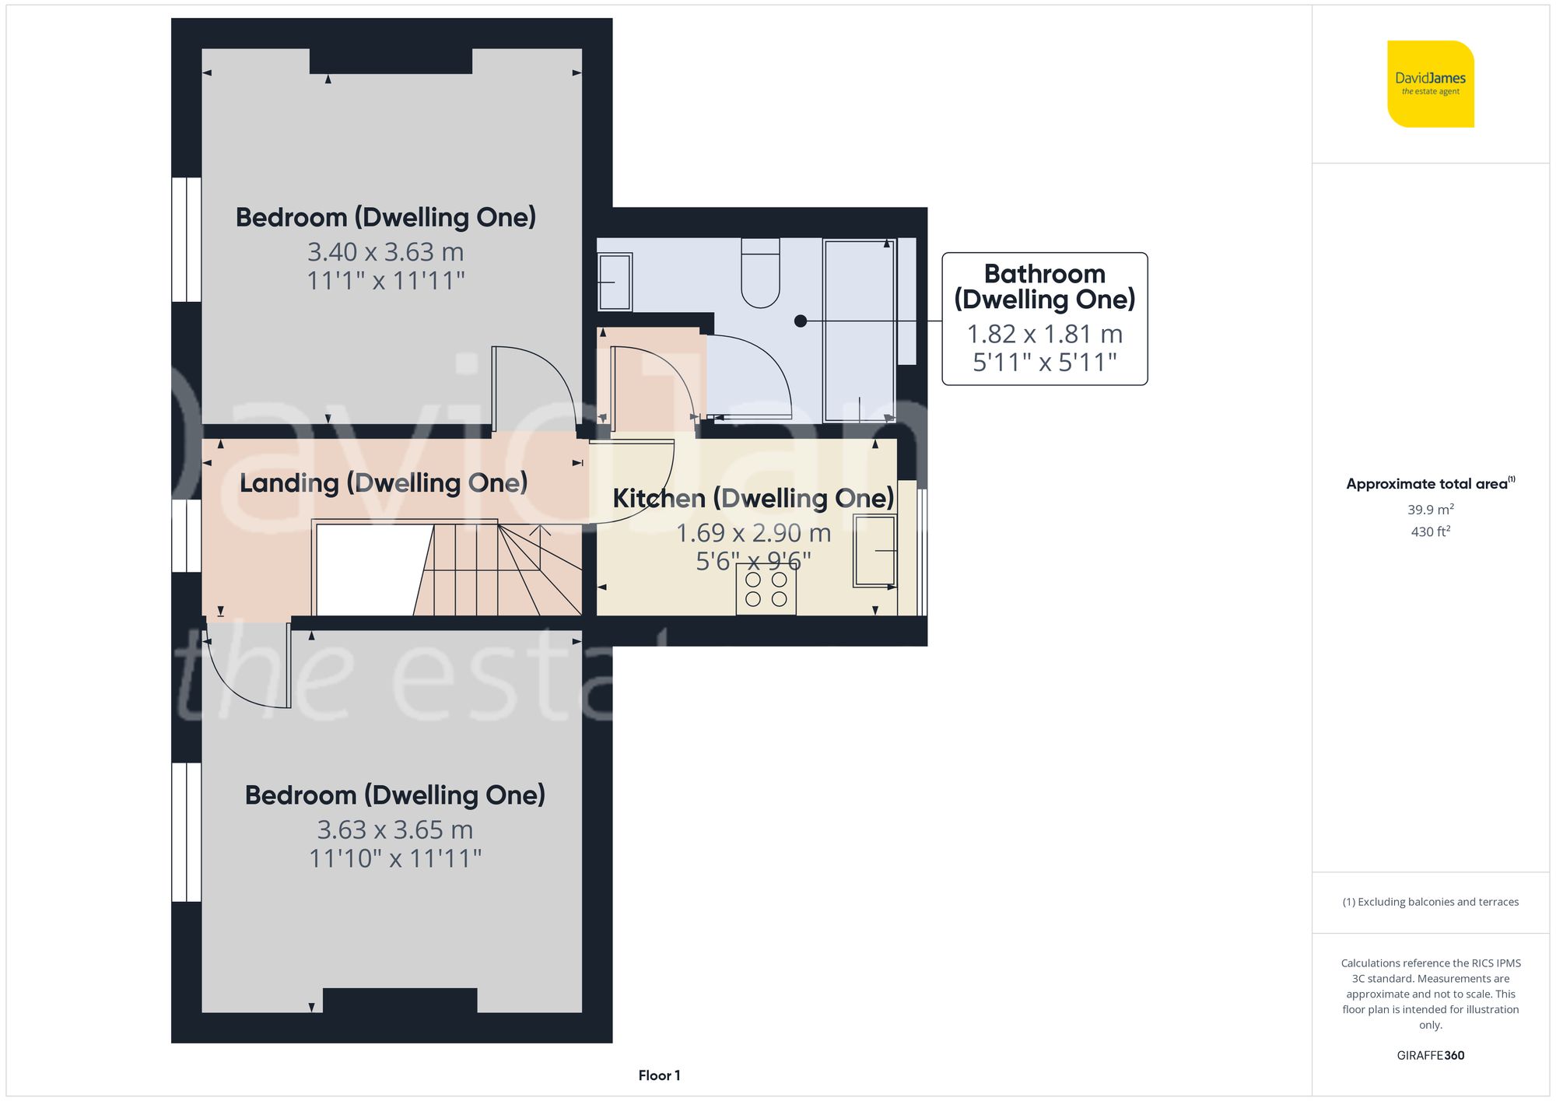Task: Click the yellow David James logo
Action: (1431, 84)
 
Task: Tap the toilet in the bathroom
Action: (760, 272)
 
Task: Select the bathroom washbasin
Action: (615, 282)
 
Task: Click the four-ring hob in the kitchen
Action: (766, 590)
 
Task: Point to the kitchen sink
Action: (875, 551)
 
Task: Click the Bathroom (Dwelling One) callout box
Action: (1045, 318)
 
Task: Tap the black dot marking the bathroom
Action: (801, 321)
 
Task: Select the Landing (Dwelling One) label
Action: (384, 483)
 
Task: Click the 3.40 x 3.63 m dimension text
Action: (386, 252)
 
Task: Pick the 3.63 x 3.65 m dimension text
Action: (395, 830)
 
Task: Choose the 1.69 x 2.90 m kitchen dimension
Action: (753, 533)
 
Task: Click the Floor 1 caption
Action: (659, 1075)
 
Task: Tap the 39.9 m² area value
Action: (1431, 509)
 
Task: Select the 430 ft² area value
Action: (1431, 531)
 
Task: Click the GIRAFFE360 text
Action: (1431, 1055)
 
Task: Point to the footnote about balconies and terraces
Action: (1431, 902)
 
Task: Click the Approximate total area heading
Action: (1431, 483)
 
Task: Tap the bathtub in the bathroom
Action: (860, 331)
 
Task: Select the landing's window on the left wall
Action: (187, 535)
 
